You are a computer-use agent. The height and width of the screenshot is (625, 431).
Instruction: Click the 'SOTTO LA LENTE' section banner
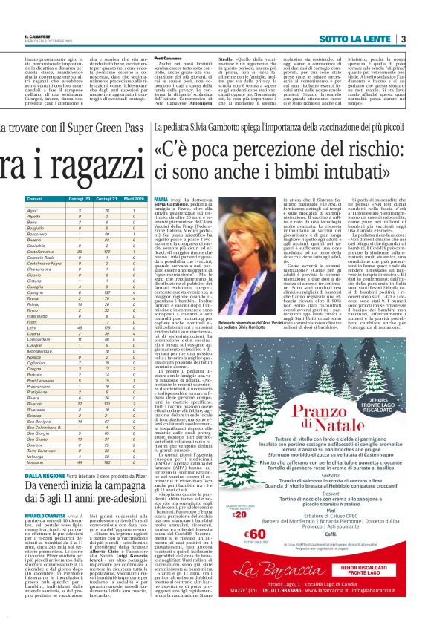click(363, 39)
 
